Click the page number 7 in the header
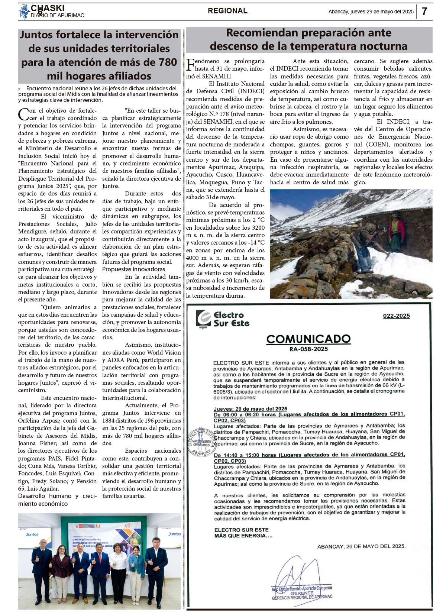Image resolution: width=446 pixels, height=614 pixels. coord(424,12)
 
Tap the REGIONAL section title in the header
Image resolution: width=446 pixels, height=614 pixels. coord(227,11)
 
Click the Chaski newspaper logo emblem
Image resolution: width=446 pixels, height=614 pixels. coord(24,12)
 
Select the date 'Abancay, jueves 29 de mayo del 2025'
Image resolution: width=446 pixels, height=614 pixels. coord(371,12)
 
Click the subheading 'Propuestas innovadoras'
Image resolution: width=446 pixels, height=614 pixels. coord(133,269)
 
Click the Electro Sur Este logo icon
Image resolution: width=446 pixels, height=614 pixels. coord(203,319)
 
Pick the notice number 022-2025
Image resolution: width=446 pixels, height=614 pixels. coord(396,316)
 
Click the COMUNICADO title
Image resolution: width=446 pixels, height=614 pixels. coord(308,339)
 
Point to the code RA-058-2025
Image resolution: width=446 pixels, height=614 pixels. coord(308,349)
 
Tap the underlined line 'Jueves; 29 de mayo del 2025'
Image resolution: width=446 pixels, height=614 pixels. coord(251,409)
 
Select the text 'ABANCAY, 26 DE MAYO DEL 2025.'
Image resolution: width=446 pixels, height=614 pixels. coord(361,546)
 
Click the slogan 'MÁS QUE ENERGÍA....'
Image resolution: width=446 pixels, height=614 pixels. coord(243,536)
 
